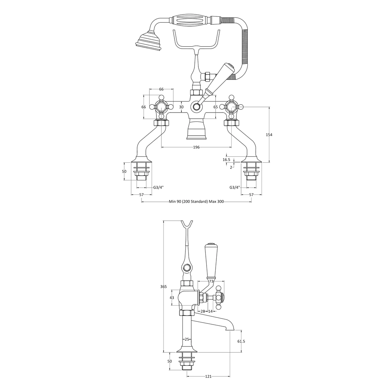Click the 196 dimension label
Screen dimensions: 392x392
pyautogui.click(x=196, y=147)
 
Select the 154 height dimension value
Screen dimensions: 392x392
pyautogui.click(x=269, y=135)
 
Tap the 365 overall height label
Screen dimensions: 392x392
pyautogui.click(x=163, y=287)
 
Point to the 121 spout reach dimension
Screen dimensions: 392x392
pyautogui.click(x=208, y=383)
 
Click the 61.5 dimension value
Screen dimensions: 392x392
pyautogui.click(x=241, y=341)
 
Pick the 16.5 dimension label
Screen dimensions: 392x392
pyautogui.click(x=226, y=160)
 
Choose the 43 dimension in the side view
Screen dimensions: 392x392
pyautogui.click(x=172, y=298)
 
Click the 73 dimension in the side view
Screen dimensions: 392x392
pyautogui.click(x=211, y=281)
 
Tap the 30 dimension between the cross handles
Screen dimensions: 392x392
pyautogui.click(x=181, y=107)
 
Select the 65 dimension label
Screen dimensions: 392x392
pyautogui.click(x=216, y=107)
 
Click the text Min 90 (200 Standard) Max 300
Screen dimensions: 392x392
pyautogui.click(x=196, y=202)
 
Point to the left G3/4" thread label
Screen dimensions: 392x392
pyautogui.click(x=158, y=187)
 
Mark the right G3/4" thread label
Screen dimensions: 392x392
pyautogui.click(x=235, y=187)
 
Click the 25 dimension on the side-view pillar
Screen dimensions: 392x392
pyautogui.click(x=187, y=339)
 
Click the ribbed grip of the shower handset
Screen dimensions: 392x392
pyautogui.click(x=191, y=20)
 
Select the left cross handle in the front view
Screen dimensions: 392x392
pyautogui.click(x=161, y=107)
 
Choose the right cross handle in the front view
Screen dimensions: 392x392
pyautogui.click(x=231, y=107)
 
